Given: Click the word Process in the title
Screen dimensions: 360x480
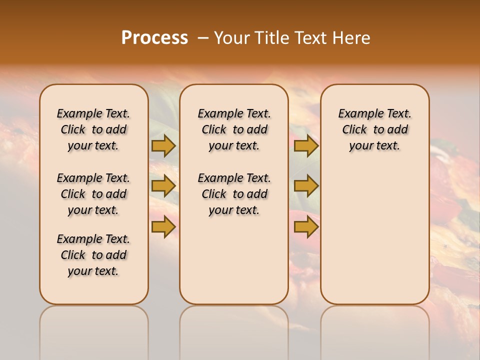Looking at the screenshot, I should click(154, 38).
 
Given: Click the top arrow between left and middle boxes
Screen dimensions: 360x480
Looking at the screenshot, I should click(163, 145).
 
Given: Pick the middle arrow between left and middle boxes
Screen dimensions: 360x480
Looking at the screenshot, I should click(163, 186).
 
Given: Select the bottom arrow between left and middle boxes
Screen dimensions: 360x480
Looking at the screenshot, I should click(163, 227).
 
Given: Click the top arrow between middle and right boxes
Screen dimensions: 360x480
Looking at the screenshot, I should click(306, 145).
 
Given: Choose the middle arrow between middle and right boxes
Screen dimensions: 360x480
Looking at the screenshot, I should click(306, 186).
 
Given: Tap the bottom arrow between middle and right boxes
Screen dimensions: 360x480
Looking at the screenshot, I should click(306, 227).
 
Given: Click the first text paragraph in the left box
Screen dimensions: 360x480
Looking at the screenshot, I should click(93, 129).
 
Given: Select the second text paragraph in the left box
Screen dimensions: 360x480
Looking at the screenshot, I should click(93, 194).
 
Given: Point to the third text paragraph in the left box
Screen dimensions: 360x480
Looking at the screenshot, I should click(93, 255).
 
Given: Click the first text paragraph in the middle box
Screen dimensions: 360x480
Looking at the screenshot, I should click(234, 129).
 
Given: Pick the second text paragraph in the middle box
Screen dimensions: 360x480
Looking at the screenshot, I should click(234, 194).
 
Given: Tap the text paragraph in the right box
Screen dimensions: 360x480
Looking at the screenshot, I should click(374, 129).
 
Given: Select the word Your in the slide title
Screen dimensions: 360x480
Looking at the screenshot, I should click(231, 38).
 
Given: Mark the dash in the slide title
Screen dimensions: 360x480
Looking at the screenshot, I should click(203, 38).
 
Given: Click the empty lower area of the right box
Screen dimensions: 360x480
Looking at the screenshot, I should click(374, 235).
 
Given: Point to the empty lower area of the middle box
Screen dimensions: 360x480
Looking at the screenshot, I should click(234, 260).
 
